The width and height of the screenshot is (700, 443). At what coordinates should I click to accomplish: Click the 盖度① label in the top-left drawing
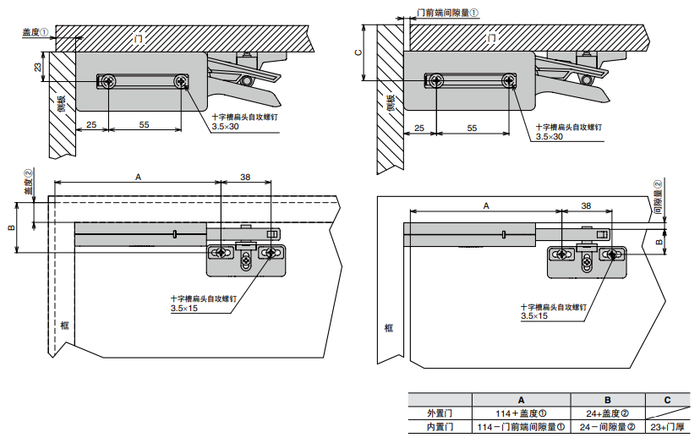[x=35, y=32]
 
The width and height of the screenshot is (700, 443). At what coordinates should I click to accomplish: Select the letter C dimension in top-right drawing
[x=358, y=52]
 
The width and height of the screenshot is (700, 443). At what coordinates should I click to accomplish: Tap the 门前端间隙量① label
[x=448, y=14]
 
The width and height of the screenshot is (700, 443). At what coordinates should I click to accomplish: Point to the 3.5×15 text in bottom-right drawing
[x=534, y=316]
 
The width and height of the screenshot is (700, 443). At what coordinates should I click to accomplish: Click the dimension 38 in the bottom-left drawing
[x=245, y=177]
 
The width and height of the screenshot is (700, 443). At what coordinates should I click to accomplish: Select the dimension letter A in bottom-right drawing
[x=486, y=205]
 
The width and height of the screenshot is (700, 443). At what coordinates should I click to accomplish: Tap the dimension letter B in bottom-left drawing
[x=11, y=228]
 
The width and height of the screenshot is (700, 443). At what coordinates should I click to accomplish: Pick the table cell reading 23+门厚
[x=668, y=428]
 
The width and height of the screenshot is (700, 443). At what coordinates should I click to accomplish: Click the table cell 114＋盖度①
[x=522, y=413]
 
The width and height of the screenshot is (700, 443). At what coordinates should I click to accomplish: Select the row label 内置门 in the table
[x=440, y=428]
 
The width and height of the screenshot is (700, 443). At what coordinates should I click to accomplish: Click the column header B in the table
[x=608, y=400]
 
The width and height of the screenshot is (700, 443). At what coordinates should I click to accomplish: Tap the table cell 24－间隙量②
[x=608, y=428]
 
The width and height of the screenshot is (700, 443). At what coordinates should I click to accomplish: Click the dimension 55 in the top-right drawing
[x=472, y=128]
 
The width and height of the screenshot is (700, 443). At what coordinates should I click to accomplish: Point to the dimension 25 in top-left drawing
[x=91, y=124]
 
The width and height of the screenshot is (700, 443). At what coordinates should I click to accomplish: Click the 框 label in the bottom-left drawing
[x=64, y=325]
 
